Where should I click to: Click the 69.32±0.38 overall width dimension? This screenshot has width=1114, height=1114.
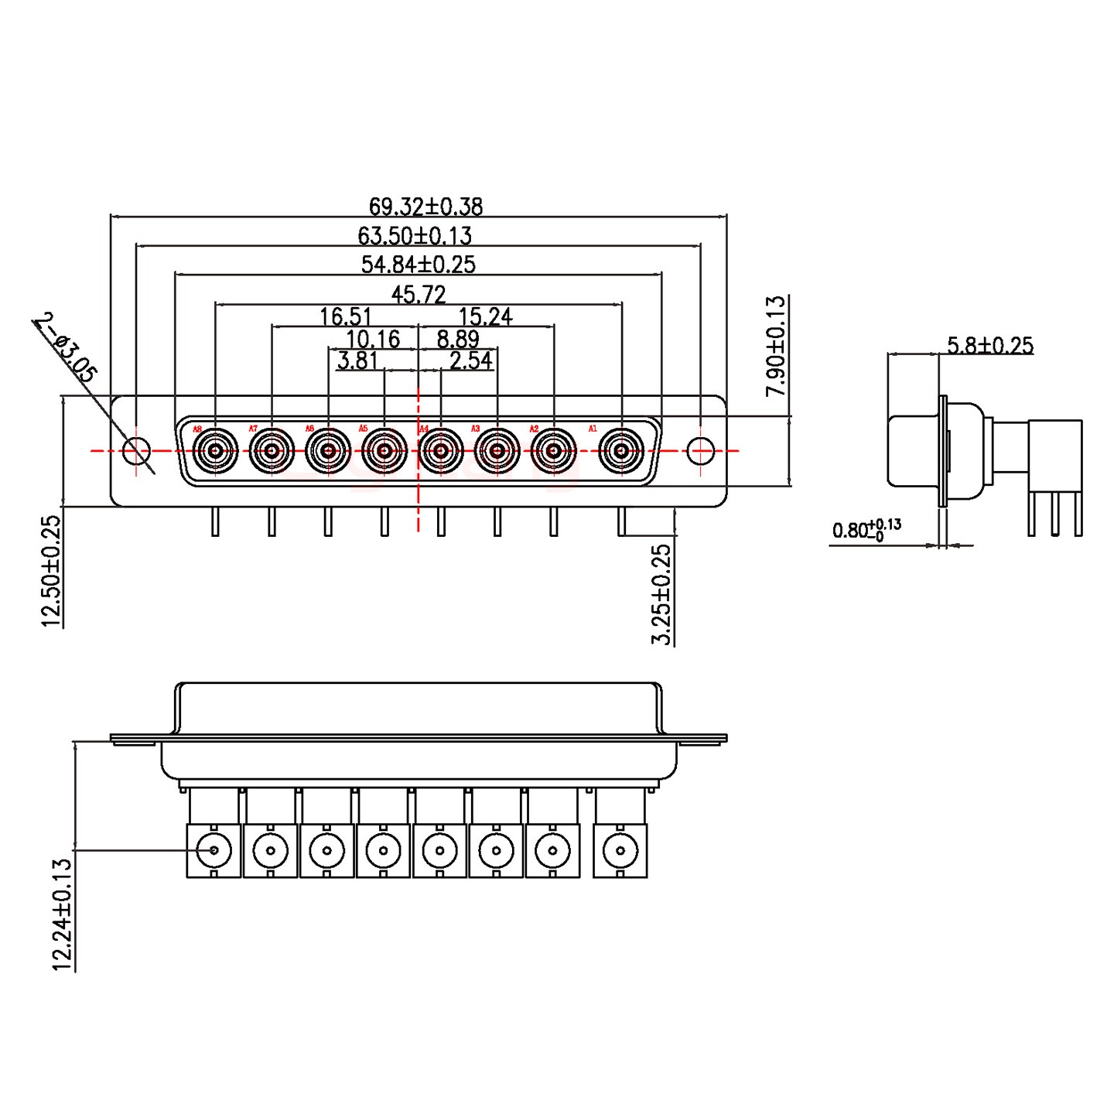click(425, 207)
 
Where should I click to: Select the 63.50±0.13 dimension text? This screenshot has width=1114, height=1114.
click(415, 235)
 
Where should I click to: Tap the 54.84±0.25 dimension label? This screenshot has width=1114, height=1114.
click(419, 265)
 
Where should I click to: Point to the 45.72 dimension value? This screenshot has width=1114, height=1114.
click(419, 294)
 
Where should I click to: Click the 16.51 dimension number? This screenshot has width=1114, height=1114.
click(345, 316)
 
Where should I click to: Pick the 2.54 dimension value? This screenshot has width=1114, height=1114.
click(471, 361)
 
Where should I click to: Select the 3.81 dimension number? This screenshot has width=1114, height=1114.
click(357, 361)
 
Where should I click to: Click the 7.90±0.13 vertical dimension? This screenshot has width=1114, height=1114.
click(775, 346)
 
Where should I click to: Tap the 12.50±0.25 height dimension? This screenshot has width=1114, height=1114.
click(51, 571)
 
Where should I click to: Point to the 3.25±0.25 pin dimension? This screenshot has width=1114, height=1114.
click(661, 594)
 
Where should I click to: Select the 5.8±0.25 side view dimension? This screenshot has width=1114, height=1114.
click(990, 345)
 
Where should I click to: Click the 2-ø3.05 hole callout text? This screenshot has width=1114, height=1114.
click(67, 347)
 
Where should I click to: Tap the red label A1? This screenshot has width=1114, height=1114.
click(593, 429)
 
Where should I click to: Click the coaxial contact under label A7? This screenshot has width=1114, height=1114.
click(272, 450)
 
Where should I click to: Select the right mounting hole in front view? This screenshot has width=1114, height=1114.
click(700, 450)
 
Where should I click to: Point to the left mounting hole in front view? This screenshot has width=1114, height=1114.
click(137, 450)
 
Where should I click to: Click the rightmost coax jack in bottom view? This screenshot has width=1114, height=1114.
click(620, 852)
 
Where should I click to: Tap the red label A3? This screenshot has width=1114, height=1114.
click(475, 429)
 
